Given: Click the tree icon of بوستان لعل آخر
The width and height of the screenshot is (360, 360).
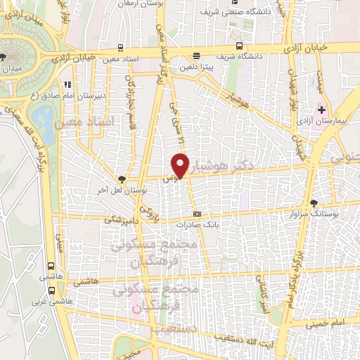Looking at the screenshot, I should pos(123,180).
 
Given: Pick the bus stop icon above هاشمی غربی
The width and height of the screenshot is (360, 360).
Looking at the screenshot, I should pos(50,266).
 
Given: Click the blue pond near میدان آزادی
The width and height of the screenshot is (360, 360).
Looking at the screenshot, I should pos(43,115).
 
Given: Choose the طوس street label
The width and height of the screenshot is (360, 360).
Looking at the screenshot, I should pos(169,178).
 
